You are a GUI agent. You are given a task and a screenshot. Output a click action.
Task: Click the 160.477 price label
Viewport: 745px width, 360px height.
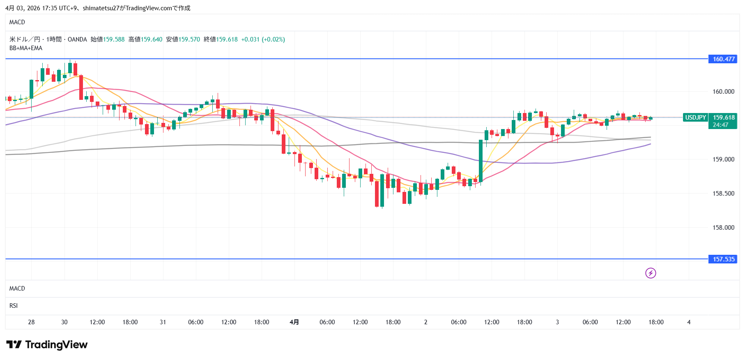pos(723,59)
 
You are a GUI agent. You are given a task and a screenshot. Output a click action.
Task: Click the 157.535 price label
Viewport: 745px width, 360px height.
pos(723,259)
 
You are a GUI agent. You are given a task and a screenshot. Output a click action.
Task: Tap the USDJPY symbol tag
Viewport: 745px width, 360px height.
pos(695,118)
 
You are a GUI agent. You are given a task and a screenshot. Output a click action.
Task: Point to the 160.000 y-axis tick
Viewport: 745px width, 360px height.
pos(723,92)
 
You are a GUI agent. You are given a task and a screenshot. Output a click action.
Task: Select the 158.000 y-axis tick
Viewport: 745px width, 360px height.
pos(723,228)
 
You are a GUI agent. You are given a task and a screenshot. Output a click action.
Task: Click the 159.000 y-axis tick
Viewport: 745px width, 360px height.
pos(723,159)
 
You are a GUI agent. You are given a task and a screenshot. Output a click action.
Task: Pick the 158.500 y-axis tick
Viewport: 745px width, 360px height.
pos(723,194)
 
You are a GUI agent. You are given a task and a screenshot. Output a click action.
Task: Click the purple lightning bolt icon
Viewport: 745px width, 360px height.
pos(651,273)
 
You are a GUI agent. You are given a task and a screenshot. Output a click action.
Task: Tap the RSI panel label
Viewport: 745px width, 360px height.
pos(14,306)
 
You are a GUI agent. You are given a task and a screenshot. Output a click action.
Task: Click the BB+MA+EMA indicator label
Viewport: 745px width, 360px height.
pos(26,48)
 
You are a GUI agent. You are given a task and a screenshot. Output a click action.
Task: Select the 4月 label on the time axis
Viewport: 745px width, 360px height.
pos(294,322)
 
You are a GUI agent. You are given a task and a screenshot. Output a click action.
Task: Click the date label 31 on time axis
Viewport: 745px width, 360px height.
pos(163,322)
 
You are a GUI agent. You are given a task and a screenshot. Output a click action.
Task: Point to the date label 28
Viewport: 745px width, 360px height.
pos(31,322)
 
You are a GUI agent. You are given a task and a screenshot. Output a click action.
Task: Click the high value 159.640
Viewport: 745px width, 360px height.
pos(152,39)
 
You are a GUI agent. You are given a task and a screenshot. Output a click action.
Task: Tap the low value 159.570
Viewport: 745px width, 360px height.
pos(189,39)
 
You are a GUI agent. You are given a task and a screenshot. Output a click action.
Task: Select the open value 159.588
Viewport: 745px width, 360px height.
pos(114,39)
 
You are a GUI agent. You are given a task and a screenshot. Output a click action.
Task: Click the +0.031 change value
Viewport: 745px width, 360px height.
pos(250,39)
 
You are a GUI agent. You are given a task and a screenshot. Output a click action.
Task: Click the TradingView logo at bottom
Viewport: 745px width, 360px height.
pos(47,344)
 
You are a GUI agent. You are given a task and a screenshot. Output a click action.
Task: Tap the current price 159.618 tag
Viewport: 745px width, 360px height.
pos(724,118)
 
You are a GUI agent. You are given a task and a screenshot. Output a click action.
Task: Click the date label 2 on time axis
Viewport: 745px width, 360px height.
pos(425,322)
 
